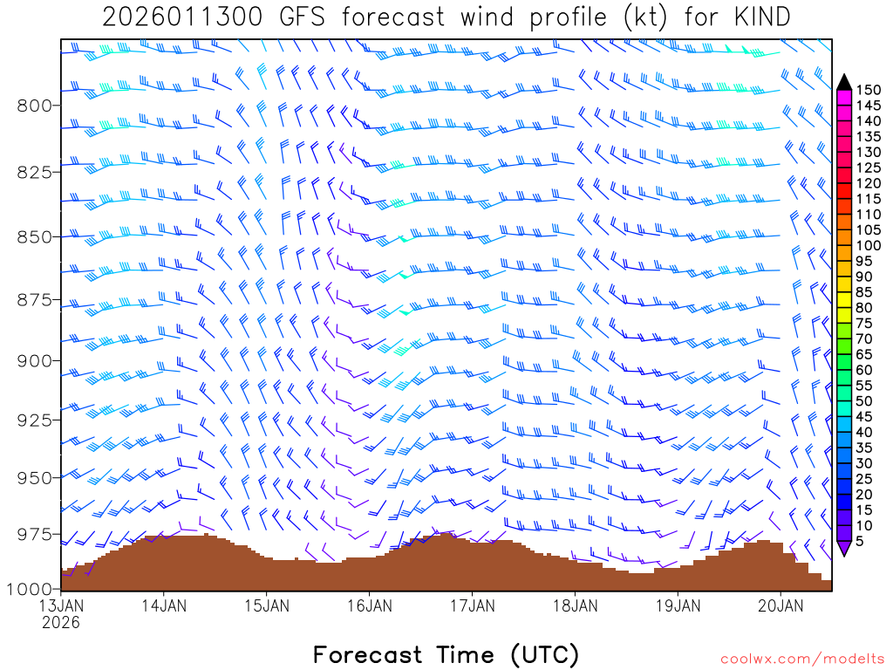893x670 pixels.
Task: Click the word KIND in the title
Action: (761, 17)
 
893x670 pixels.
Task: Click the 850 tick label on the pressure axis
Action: (35, 236)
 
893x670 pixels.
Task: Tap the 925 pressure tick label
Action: (35, 420)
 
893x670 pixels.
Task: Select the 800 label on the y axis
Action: (35, 106)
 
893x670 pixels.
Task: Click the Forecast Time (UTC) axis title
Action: (446, 654)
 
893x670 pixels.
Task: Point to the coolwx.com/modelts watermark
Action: (801, 659)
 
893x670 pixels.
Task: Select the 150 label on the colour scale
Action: (869, 90)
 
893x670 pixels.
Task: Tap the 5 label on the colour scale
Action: (860, 542)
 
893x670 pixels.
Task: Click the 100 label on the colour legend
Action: (869, 246)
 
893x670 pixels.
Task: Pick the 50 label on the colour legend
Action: (864, 401)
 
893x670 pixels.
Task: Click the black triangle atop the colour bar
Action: (844, 82)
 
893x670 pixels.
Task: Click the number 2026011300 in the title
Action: (181, 17)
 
